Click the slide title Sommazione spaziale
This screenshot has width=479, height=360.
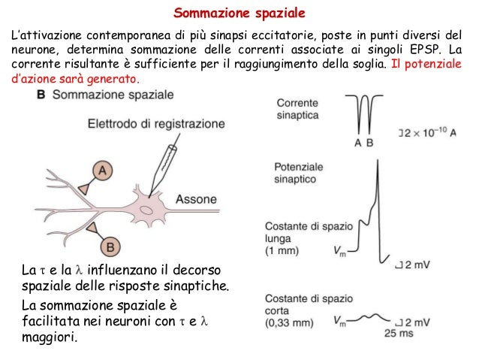tap(240, 14)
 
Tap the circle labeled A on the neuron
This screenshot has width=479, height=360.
tap(104, 172)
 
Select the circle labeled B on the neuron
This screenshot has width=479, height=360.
tap(109, 244)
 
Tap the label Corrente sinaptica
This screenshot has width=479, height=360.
tap(298, 110)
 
